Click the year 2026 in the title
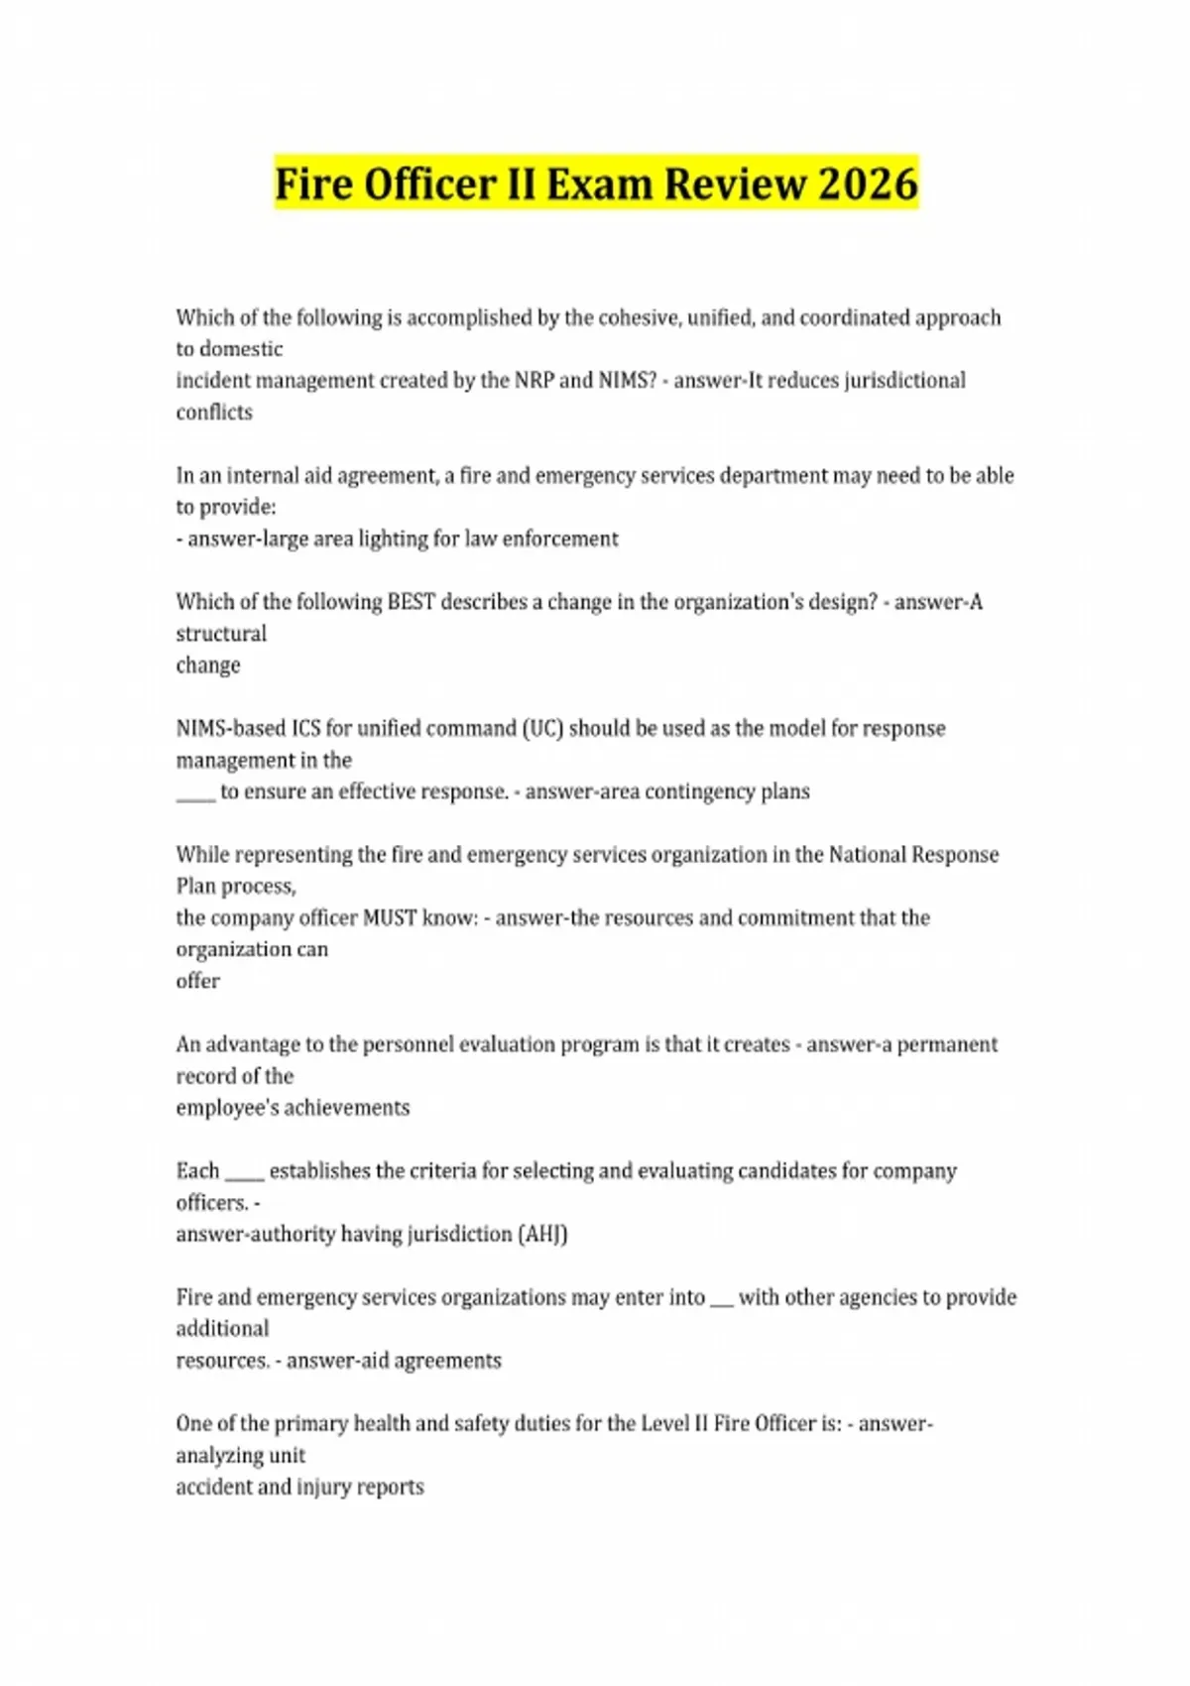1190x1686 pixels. (869, 184)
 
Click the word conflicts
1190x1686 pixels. (214, 413)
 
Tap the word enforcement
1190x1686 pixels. (560, 539)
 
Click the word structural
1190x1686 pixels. (221, 634)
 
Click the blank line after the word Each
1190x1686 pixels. (244, 1175)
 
